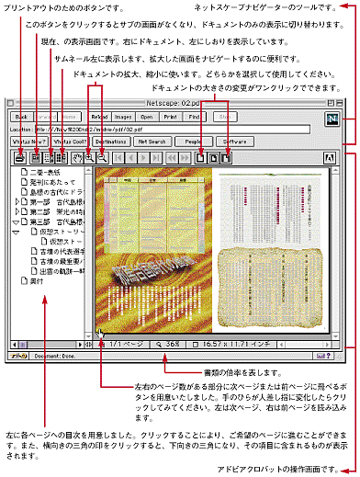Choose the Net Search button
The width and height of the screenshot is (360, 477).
click(153, 142)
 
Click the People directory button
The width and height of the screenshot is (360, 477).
click(193, 142)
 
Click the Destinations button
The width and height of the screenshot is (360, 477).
click(108, 142)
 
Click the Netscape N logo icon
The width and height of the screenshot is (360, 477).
click(332, 118)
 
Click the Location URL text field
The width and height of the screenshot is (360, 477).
click(174, 130)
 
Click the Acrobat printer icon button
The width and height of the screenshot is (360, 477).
click(20, 157)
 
